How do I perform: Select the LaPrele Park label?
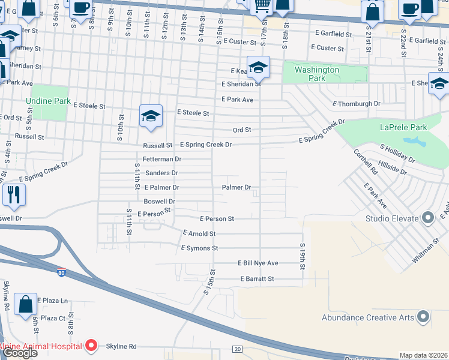(x=403, y=127)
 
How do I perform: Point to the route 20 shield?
(x=238, y=349)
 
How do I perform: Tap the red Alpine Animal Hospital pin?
(x=91, y=346)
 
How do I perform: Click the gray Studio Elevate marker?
(x=428, y=217)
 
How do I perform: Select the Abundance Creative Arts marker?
(x=423, y=316)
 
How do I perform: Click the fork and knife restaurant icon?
(x=13, y=194)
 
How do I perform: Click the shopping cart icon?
(x=262, y=6)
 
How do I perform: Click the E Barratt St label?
(x=257, y=279)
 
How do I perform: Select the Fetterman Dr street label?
(x=161, y=159)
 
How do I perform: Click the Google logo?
(x=20, y=353)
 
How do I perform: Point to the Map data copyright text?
(x=423, y=355)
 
